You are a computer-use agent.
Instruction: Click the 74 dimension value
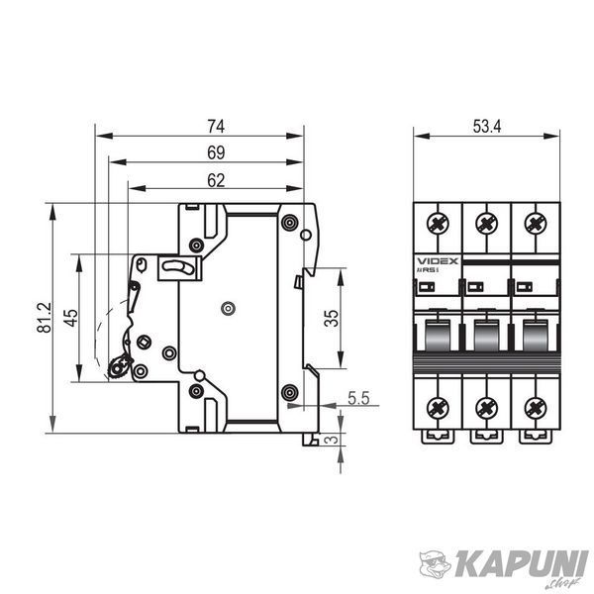[216, 126]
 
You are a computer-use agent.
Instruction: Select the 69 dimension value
[216, 152]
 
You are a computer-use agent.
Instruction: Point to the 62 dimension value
[216, 181]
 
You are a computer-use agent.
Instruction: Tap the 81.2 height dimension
[44, 318]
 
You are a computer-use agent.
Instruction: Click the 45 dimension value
[70, 318]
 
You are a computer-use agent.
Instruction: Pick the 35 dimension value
[331, 318]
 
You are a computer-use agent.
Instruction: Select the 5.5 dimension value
[358, 399]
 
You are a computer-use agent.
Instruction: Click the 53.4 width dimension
[487, 126]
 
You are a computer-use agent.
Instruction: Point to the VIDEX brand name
[438, 261]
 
